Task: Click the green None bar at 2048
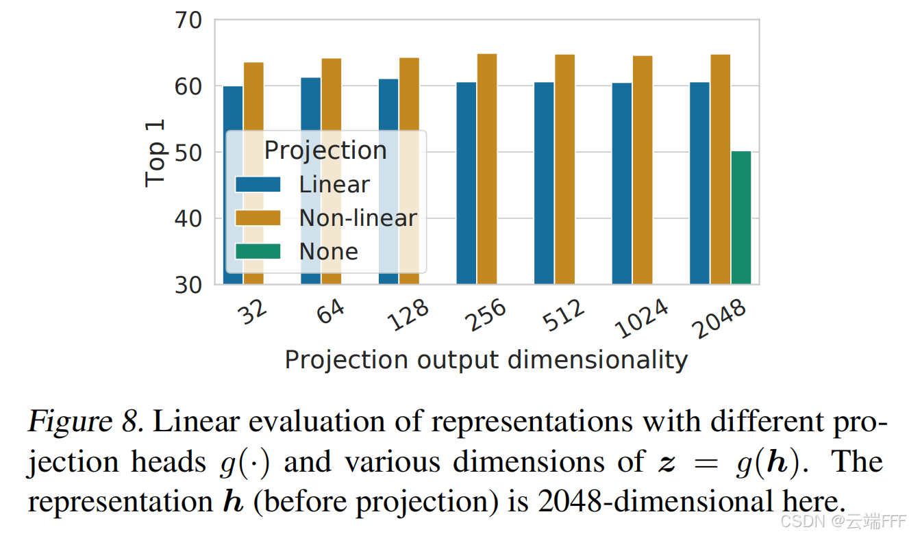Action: [741, 218]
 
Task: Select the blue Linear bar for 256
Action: [466, 183]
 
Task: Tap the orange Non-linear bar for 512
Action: [565, 169]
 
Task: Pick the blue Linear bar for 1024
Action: [622, 183]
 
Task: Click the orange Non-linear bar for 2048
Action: [721, 169]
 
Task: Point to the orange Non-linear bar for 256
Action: [487, 169]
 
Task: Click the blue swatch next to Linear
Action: [258, 184]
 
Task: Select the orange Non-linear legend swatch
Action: [258, 218]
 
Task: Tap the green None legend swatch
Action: [258, 251]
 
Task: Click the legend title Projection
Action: [325, 151]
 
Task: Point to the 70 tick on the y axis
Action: [188, 21]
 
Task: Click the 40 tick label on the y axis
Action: [188, 219]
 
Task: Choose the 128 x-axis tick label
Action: [408, 315]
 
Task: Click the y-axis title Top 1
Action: [155, 153]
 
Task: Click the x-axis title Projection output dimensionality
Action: [486, 360]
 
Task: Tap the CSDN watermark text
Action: [843, 522]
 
